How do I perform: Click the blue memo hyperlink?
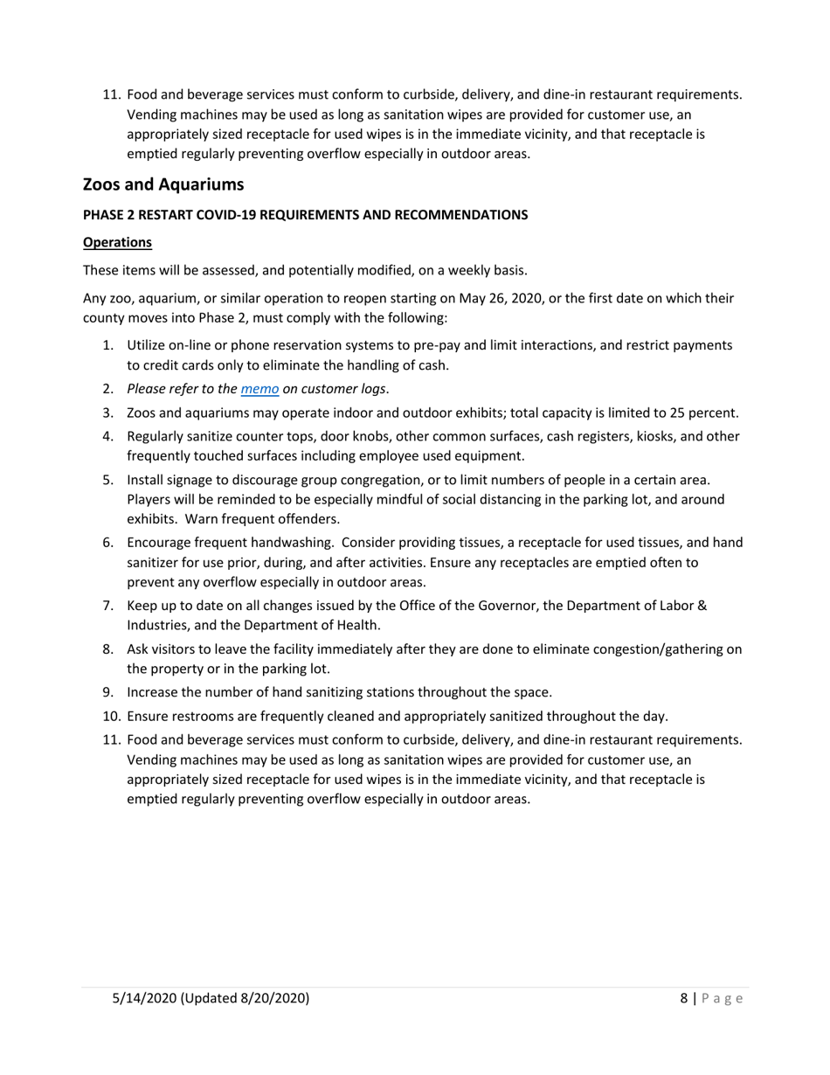click(259, 389)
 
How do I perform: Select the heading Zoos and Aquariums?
click(163, 184)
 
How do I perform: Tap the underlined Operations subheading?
click(117, 242)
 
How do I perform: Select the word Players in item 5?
click(150, 499)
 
